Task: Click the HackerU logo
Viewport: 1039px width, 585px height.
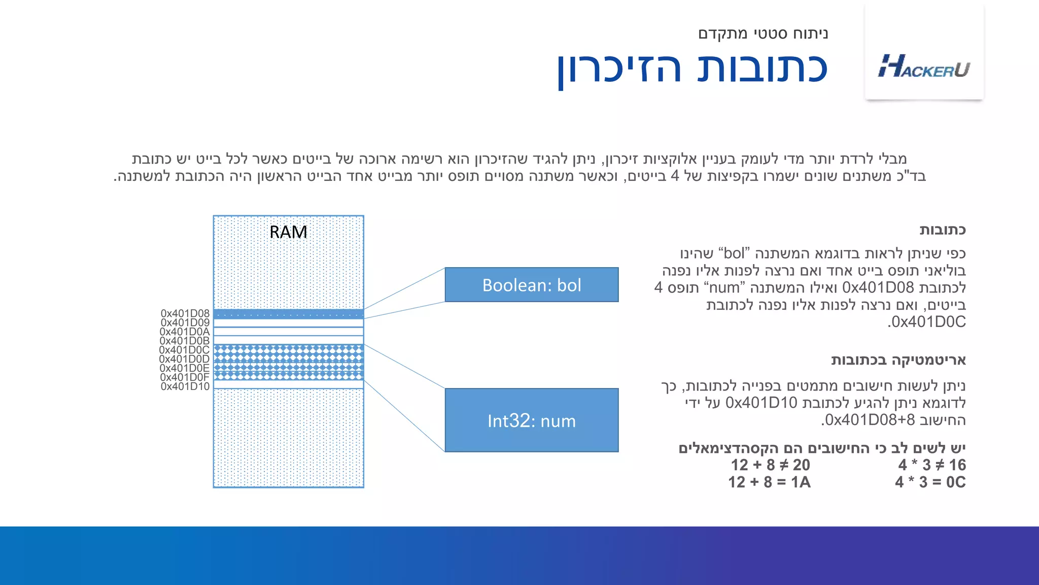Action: tap(924, 66)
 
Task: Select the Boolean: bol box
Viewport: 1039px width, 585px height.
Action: tap(531, 285)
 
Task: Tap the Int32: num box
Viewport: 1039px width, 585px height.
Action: tap(531, 420)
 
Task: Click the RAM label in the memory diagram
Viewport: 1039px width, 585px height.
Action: tap(288, 232)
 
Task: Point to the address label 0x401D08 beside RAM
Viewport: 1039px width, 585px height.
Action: tap(185, 313)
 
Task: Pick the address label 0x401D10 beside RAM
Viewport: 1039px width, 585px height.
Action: tap(185, 386)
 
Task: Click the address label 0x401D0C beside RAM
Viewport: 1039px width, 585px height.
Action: tap(185, 350)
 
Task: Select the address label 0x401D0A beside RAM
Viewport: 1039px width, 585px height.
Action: tap(185, 332)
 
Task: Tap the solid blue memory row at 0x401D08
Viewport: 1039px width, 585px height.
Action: tap(288, 314)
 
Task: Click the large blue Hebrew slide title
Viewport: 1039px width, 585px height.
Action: tap(692, 69)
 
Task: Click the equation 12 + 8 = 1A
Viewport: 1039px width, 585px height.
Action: tap(769, 482)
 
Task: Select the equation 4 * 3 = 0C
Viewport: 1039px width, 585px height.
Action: tap(930, 482)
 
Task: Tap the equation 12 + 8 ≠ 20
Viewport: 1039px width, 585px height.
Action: tap(770, 465)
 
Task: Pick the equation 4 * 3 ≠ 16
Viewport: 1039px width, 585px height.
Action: tap(931, 465)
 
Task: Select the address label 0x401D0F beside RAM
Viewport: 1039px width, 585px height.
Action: tap(185, 377)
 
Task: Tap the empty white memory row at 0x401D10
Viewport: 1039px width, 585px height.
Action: tap(288, 384)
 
